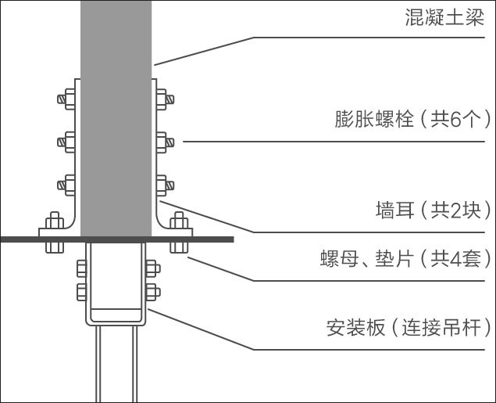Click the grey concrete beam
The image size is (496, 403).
(116, 117)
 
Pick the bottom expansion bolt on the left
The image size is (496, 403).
(66, 185)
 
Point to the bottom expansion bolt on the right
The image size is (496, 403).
(166, 185)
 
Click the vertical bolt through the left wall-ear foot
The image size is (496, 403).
(54, 232)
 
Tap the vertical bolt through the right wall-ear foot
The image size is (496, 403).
(179, 232)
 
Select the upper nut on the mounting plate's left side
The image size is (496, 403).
(82, 271)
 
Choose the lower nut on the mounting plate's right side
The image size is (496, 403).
(151, 293)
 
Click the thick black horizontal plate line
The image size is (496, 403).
(117, 238)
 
